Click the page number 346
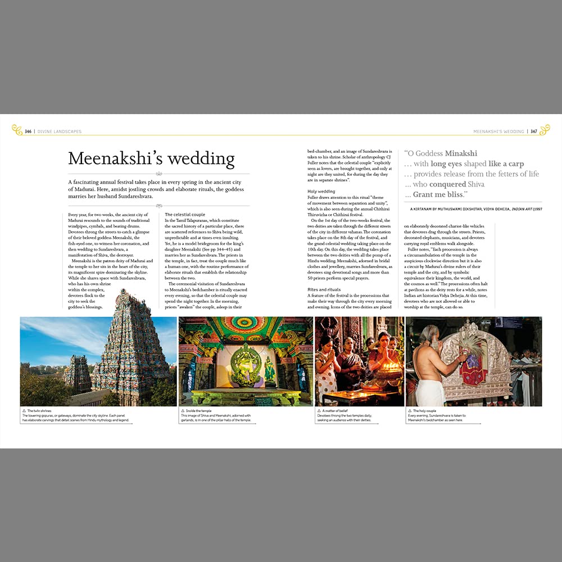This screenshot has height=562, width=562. click(28, 132)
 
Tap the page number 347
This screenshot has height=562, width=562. click(534, 132)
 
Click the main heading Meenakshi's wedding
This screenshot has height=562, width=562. click(151, 158)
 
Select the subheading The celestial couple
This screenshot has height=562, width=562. click(185, 215)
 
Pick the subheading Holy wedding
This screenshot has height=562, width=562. click(321, 192)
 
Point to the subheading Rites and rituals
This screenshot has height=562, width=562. click(324, 289)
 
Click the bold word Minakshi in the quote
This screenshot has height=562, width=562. click(461, 153)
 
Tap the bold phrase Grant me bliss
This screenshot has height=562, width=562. click(439, 194)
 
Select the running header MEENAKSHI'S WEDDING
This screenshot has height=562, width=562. click(498, 132)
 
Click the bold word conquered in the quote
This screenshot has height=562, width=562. click(448, 184)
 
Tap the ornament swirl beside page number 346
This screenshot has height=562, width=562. click(17, 130)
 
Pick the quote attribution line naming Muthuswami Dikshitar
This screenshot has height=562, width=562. click(475, 209)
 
